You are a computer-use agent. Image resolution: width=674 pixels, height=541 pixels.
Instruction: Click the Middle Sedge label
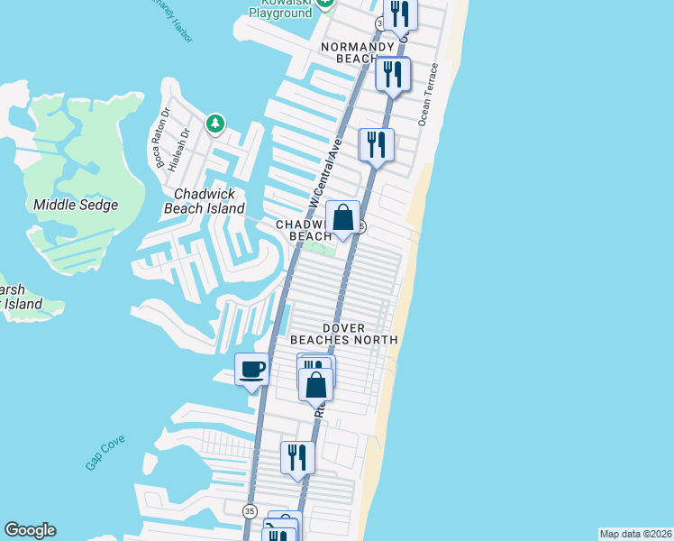(x=76, y=205)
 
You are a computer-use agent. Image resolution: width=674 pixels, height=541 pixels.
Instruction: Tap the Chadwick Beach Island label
(x=204, y=201)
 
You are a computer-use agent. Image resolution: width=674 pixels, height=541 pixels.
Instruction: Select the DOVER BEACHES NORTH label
(x=343, y=334)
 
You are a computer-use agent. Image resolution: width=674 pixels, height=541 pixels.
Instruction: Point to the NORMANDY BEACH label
(x=359, y=52)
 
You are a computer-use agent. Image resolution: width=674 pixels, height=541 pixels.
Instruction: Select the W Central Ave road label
(x=325, y=171)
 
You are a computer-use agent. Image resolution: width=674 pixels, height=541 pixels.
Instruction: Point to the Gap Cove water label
(x=105, y=452)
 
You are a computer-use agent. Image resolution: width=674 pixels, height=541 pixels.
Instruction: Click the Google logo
(x=30, y=530)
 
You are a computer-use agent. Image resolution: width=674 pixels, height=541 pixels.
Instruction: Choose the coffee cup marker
(x=251, y=369)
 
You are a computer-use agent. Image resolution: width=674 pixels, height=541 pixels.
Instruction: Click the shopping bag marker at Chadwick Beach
(x=342, y=217)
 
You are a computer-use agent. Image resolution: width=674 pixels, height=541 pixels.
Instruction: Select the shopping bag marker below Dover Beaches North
(x=316, y=385)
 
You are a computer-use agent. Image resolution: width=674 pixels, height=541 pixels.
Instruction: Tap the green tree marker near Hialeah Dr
(x=214, y=124)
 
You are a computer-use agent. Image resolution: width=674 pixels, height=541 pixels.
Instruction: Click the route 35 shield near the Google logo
(x=249, y=511)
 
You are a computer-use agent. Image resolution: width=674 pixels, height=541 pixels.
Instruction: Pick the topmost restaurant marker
(x=399, y=14)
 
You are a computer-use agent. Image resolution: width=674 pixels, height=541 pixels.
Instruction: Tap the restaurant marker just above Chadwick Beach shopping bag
(x=376, y=144)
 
